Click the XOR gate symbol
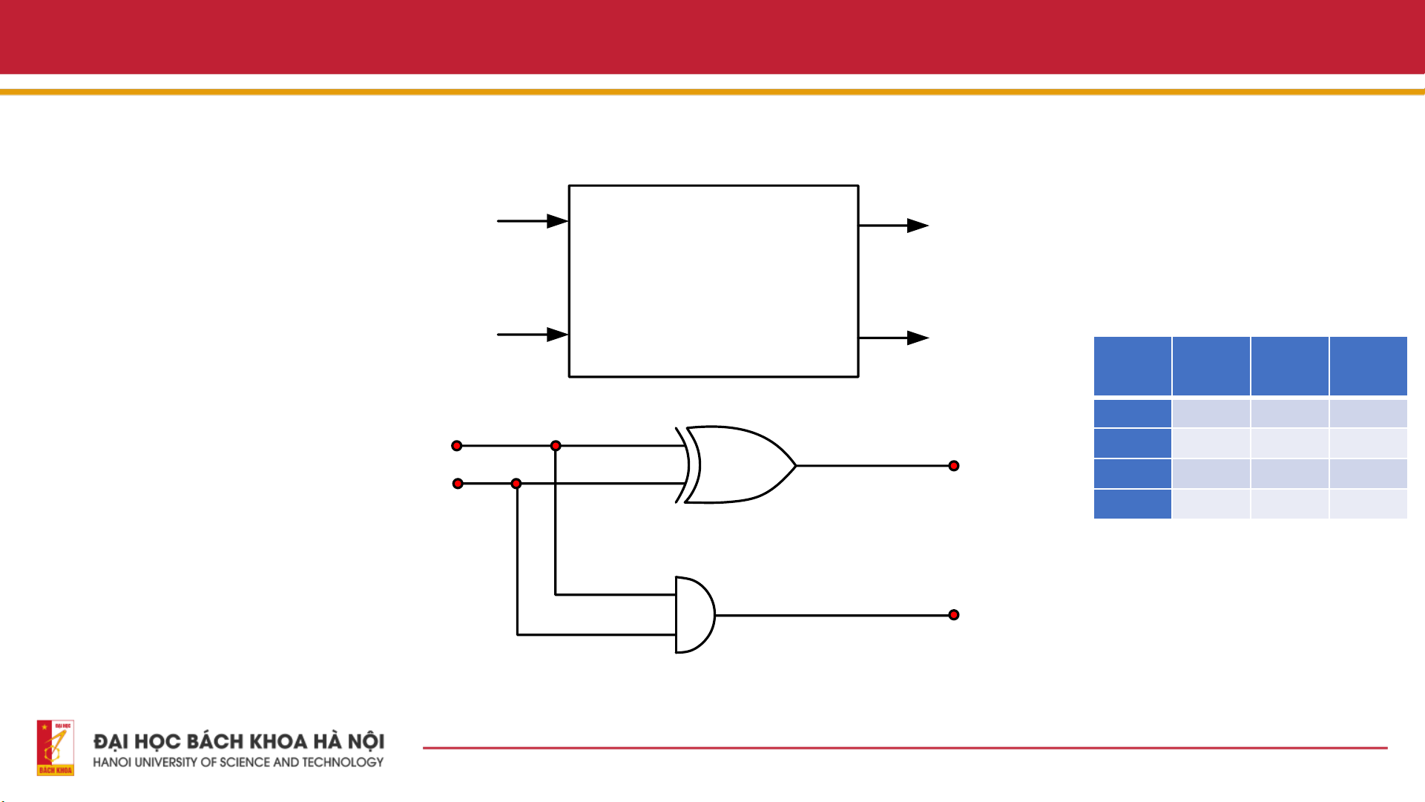[738, 465]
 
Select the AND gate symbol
[694, 615]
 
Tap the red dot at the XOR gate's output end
[954, 466]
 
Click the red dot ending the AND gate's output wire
[954, 615]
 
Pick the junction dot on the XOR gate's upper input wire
[556, 446]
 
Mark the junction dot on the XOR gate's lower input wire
[516, 484]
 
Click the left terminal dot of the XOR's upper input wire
[457, 446]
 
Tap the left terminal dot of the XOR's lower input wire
[458, 484]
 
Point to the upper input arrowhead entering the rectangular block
[557, 221]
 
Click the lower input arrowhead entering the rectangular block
[557, 335]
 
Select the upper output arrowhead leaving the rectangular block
[918, 226]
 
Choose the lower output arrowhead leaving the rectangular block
[918, 338]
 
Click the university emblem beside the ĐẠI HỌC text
[56, 748]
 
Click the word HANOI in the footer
[112, 762]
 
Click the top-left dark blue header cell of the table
[1132, 366]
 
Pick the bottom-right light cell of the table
[1368, 504]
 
